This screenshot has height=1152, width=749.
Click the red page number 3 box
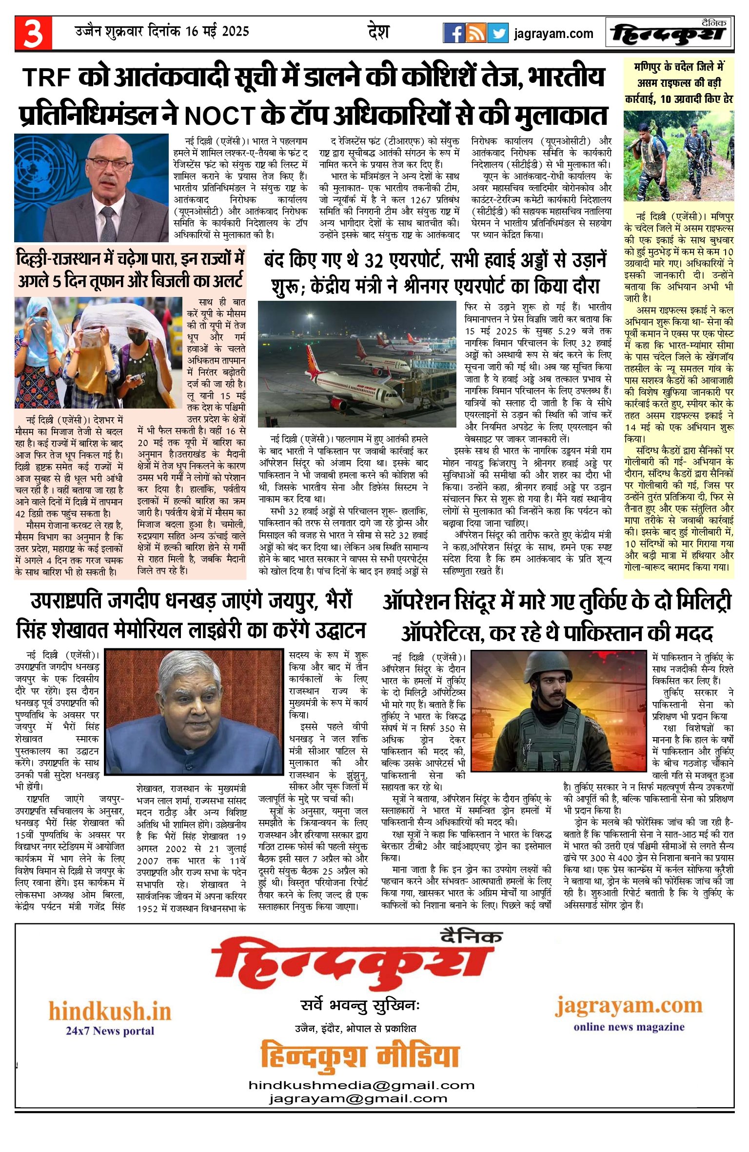click(x=33, y=33)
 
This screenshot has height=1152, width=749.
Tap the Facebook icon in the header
click(x=453, y=33)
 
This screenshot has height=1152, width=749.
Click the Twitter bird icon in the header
click(x=497, y=33)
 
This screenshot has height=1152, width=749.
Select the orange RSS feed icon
click(x=475, y=33)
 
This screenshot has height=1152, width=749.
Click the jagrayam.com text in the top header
click(x=553, y=34)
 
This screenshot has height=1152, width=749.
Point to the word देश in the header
click(x=378, y=32)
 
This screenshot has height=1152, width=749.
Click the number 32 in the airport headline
click(x=374, y=261)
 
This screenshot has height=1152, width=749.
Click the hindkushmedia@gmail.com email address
click(x=361, y=1085)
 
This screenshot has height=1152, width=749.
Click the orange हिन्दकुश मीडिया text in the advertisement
click(x=360, y=1056)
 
